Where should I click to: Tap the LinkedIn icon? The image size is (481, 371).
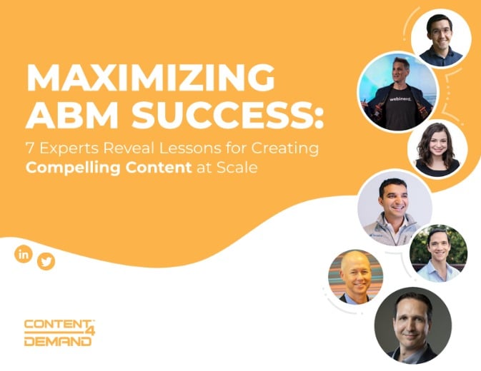(24, 253)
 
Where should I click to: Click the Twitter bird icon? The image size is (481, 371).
(46, 261)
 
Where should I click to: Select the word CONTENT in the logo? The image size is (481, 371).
(56, 325)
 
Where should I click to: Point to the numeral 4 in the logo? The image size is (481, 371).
(90, 330)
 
